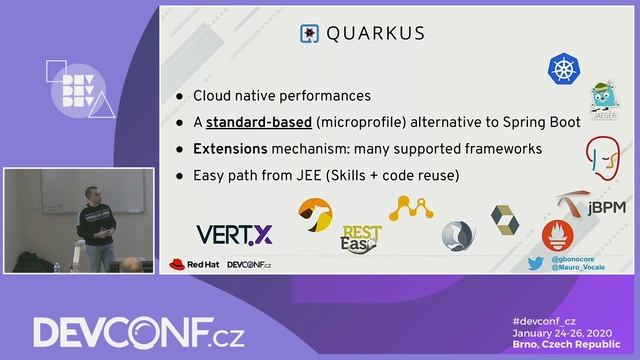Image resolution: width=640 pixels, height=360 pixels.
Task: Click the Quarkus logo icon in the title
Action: tap(309, 34)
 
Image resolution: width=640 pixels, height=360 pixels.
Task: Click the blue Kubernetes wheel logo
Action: tap(564, 69)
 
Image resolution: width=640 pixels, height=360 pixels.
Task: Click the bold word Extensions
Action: tap(230, 148)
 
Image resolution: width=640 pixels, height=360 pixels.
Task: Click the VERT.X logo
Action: tap(234, 235)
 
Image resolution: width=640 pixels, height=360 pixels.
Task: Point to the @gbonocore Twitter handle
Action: tap(574, 259)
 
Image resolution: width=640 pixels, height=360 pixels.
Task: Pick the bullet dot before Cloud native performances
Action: tap(179, 97)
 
